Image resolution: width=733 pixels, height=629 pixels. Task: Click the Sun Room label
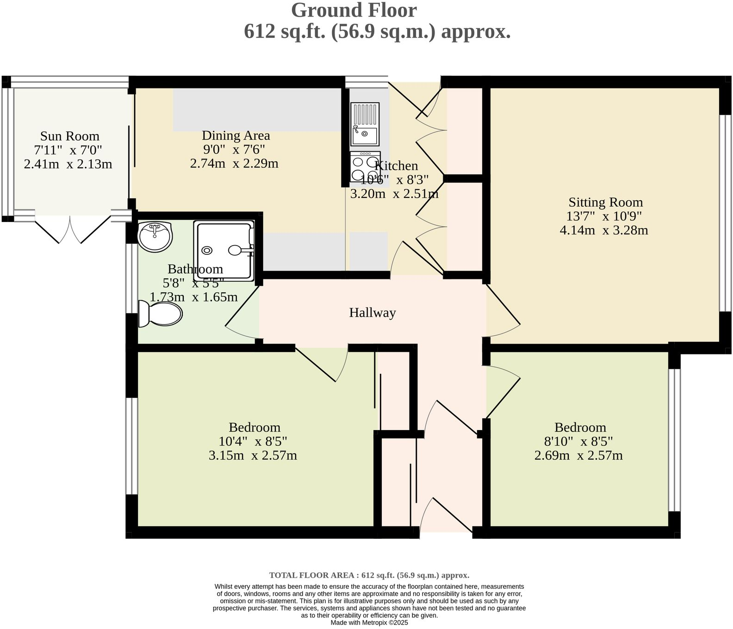tap(70, 136)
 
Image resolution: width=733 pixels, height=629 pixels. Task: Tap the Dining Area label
tap(236, 136)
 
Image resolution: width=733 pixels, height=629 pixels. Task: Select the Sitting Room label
tap(606, 202)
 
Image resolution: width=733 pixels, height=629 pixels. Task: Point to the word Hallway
tap(373, 313)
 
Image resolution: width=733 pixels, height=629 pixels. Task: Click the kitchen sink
tap(365, 124)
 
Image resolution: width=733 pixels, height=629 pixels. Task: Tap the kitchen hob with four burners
tap(365, 166)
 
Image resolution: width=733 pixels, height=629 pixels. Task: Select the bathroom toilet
tap(160, 314)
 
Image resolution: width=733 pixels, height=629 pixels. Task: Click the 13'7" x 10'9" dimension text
tap(604, 216)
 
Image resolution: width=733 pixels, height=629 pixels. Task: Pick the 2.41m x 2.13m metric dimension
tap(68, 164)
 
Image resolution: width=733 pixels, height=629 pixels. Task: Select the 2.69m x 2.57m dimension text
tap(578, 456)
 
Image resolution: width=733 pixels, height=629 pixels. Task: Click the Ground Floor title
tap(354, 10)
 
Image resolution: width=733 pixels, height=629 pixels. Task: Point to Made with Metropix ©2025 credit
tap(369, 623)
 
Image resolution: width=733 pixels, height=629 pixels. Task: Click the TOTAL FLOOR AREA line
tap(369, 575)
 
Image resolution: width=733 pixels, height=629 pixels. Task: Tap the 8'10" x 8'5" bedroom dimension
tap(578, 441)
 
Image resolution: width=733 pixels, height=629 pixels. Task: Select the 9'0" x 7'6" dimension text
tap(234, 149)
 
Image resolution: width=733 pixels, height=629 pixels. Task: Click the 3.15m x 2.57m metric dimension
tap(253, 456)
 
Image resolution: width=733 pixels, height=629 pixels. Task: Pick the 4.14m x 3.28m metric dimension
tap(604, 230)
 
